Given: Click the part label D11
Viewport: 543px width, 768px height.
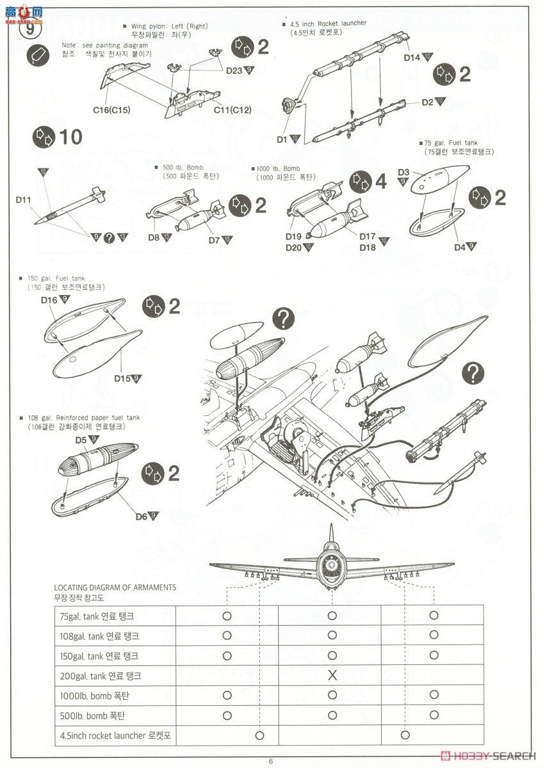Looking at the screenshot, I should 24,200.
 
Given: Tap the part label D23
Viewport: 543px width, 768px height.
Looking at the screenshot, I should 234,71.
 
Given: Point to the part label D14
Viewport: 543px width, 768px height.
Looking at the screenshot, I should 412,58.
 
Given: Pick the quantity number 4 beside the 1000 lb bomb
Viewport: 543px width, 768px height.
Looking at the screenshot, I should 380,181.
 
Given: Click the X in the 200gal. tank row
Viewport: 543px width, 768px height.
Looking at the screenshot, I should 332,675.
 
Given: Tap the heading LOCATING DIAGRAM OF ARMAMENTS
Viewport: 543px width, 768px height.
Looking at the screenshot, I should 115,587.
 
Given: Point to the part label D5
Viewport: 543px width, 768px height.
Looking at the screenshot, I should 81,440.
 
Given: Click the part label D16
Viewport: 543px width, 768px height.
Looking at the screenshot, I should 49,300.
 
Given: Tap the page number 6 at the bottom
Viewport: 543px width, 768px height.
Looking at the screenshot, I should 271,760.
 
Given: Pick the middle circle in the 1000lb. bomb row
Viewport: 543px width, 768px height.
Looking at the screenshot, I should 332,695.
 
